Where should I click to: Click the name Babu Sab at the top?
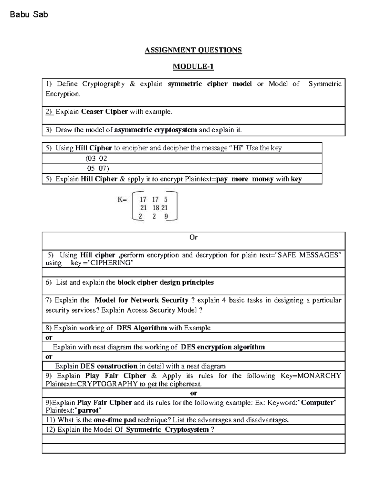[x=29, y=14]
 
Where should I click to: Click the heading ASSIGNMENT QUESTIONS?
[x=193, y=50]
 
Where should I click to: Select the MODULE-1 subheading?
[x=193, y=66]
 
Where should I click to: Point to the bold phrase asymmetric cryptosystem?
[x=155, y=130]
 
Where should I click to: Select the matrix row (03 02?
[x=96, y=158]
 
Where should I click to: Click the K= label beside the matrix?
[x=122, y=199]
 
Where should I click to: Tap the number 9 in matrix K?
[x=166, y=216]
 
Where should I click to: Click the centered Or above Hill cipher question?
[x=193, y=237]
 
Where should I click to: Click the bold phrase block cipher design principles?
[x=165, y=283]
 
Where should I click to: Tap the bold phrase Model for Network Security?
[x=141, y=300]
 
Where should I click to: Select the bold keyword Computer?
[x=317, y=403]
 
